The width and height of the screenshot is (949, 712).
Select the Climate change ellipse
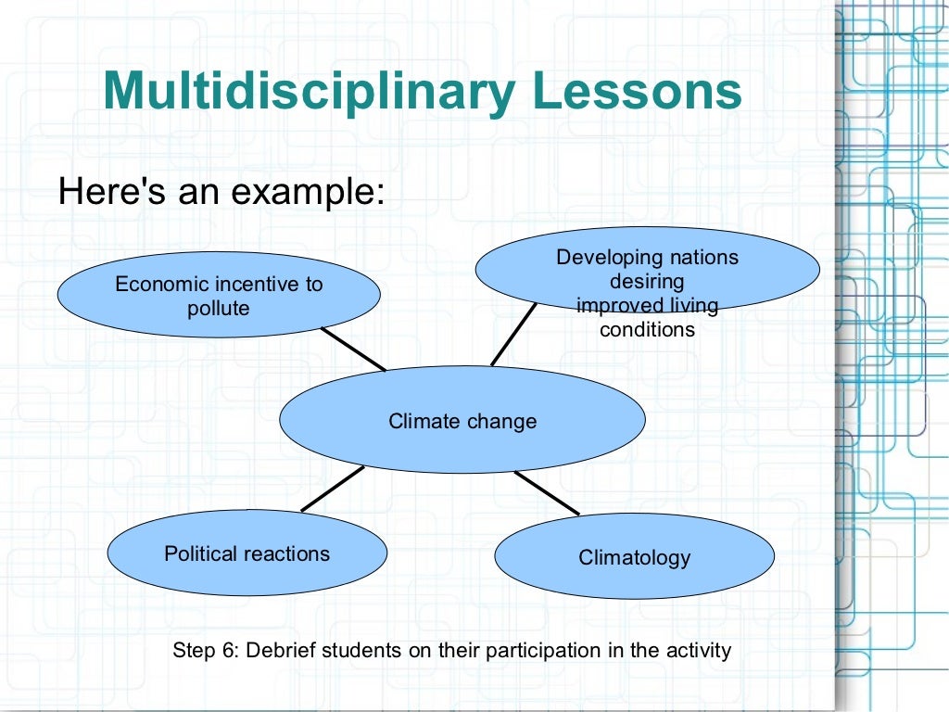(x=462, y=421)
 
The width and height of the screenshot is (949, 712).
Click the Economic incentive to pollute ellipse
(x=219, y=296)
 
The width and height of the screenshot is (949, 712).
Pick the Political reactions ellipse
(x=247, y=553)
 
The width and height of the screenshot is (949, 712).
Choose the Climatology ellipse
(x=634, y=557)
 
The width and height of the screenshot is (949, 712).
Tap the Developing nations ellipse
(x=647, y=269)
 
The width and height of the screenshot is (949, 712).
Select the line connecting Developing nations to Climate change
(x=513, y=335)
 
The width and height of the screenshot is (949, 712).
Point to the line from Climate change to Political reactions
(x=333, y=489)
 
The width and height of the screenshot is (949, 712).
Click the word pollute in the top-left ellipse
(x=219, y=309)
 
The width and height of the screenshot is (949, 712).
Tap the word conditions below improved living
(x=647, y=329)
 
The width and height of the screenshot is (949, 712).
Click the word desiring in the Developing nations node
(x=647, y=281)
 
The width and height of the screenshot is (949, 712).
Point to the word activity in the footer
(x=698, y=650)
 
